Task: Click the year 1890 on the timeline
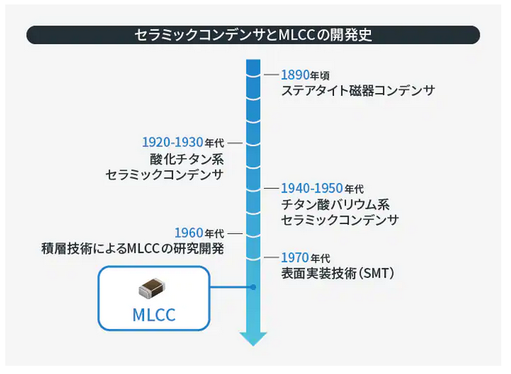point(294,75)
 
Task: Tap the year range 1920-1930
point(172,142)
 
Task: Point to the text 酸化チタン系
point(187,159)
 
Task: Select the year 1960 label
point(188,232)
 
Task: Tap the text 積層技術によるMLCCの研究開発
point(133,249)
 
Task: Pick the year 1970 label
point(294,258)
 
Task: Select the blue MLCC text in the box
point(154,315)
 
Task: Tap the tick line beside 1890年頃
point(271,75)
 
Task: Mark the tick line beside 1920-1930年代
point(235,142)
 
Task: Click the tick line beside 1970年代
point(271,258)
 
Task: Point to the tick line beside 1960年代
point(235,232)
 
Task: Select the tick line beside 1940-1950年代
point(271,187)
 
